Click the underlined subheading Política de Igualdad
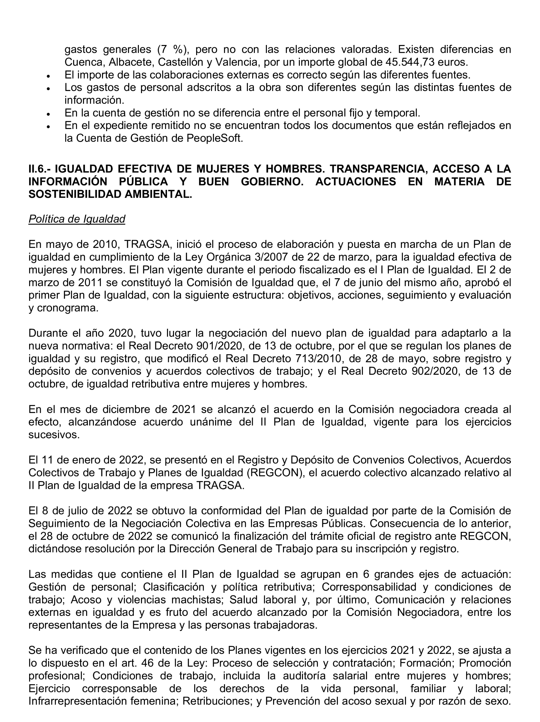[77, 219]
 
